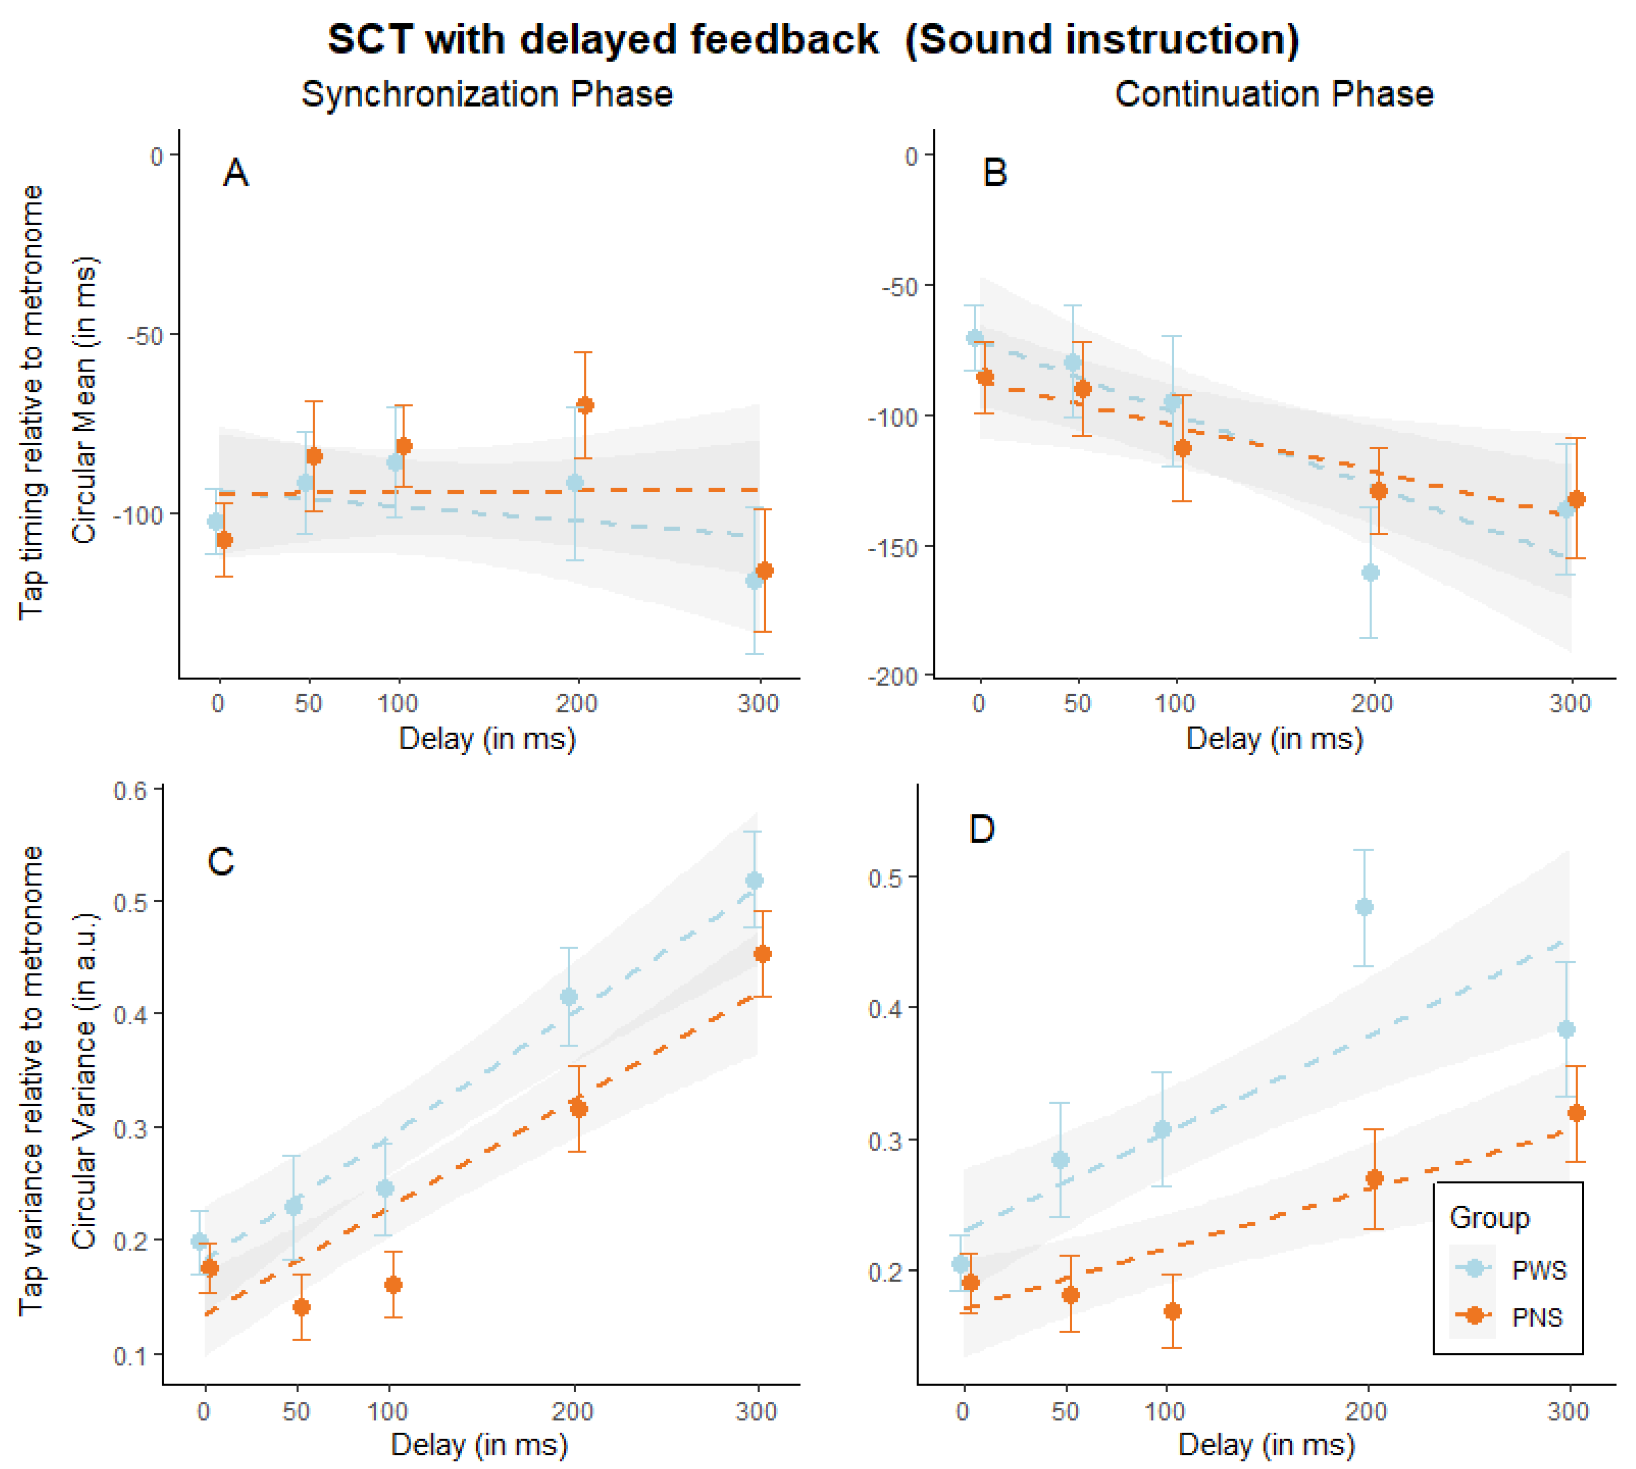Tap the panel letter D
pos(981,829)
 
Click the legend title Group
pos(1489,1218)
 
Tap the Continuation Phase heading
pos(1274,95)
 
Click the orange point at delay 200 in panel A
pos(585,405)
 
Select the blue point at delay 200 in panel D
pos(1364,907)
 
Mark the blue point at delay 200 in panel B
pos(1370,573)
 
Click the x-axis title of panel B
pos(1274,739)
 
